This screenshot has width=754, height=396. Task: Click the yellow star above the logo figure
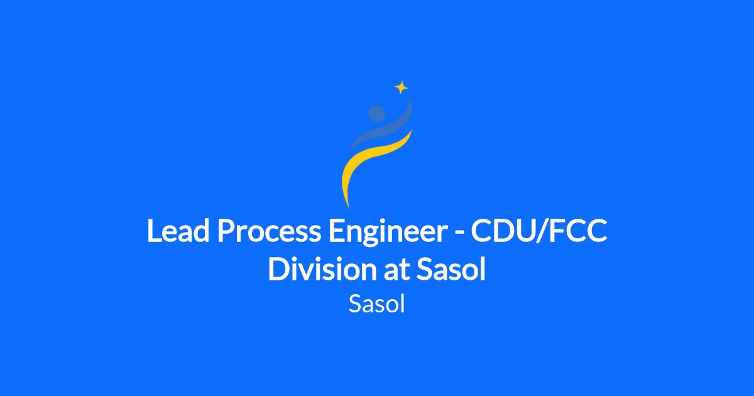pyautogui.click(x=402, y=87)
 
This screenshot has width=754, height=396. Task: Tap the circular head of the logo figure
pyautogui.click(x=376, y=114)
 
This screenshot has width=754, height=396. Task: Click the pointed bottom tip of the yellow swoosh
pyautogui.click(x=348, y=207)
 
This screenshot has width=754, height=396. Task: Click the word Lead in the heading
pyautogui.click(x=178, y=231)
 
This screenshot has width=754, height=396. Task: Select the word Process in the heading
pyautogui.click(x=270, y=231)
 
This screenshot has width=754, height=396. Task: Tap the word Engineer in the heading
pyautogui.click(x=388, y=233)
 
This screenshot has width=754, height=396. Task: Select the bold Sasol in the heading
pyautogui.click(x=451, y=269)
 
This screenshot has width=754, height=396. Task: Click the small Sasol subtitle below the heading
pyautogui.click(x=376, y=304)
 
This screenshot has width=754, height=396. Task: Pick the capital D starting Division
pyautogui.click(x=279, y=269)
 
